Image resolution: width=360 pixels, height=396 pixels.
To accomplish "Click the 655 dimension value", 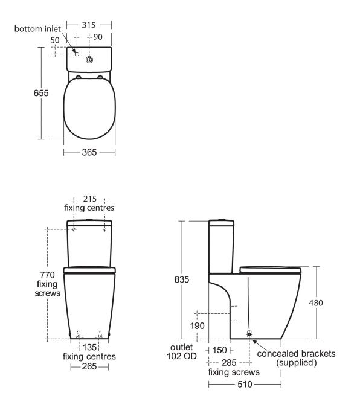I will point(41,94).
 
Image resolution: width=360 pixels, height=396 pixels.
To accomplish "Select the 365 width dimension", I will point(89,152).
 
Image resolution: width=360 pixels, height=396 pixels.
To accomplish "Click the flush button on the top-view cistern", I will point(89,59).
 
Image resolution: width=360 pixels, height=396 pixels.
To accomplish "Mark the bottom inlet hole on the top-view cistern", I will point(76,54).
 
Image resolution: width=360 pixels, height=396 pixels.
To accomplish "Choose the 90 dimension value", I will point(98,37).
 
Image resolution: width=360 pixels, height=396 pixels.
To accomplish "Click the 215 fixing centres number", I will point(89,199).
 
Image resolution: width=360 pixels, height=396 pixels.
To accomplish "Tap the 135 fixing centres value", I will point(90,347).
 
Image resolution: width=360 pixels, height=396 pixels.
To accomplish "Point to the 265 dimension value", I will point(89,366).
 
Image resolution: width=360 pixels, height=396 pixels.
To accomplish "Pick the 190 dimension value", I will point(196,325).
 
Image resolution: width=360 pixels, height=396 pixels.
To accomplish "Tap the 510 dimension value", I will point(245,383).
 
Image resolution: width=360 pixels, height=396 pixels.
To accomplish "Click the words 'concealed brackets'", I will point(295,353).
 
